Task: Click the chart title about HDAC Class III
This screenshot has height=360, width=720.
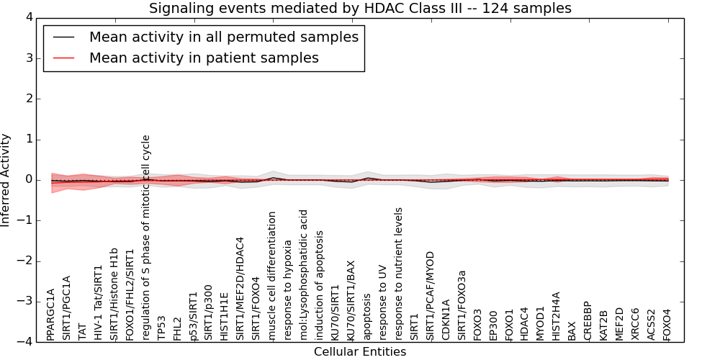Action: [360, 9]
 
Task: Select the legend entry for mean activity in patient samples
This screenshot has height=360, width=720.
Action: [204, 58]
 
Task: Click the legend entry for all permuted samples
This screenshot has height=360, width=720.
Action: [224, 37]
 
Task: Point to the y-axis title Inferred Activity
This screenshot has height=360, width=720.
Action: [6, 180]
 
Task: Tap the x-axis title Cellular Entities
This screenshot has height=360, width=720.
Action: [359, 352]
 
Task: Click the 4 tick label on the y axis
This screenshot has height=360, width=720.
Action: [28, 18]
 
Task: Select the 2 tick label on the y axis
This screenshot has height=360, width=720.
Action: [28, 99]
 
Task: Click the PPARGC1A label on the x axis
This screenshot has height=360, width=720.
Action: [50, 315]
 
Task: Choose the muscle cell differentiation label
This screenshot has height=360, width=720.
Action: [272, 276]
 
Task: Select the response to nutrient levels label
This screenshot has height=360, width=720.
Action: [399, 274]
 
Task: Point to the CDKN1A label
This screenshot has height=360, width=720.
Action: [446, 320]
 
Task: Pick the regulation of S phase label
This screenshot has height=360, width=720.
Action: [146, 238]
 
